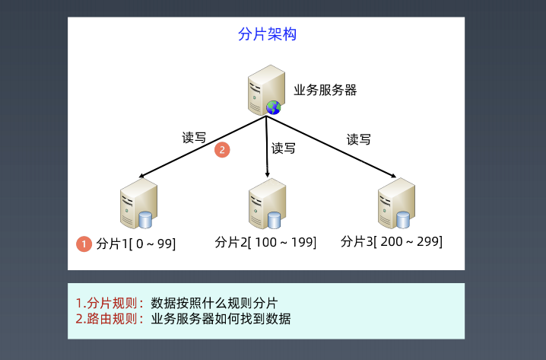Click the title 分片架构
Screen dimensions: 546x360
tap(266, 35)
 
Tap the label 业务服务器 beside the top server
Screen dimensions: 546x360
tap(325, 90)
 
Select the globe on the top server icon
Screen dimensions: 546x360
tap(273, 107)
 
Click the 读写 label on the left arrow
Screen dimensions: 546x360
tap(194, 139)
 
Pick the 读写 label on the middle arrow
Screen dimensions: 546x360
tap(284, 148)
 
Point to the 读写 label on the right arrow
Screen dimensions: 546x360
tap(359, 139)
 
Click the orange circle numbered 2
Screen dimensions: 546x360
tap(222, 150)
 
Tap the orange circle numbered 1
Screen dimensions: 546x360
tap(84, 244)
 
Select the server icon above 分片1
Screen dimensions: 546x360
tap(138, 203)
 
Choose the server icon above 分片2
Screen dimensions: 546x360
tap(267, 203)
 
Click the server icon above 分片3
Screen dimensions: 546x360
tap(396, 203)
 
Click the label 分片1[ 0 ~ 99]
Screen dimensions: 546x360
tap(136, 244)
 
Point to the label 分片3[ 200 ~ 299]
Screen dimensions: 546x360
tap(392, 241)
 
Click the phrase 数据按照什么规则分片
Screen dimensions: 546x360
tap(214, 302)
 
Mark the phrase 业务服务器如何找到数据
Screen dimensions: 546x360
tap(221, 318)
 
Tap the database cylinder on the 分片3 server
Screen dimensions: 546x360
tap(403, 219)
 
